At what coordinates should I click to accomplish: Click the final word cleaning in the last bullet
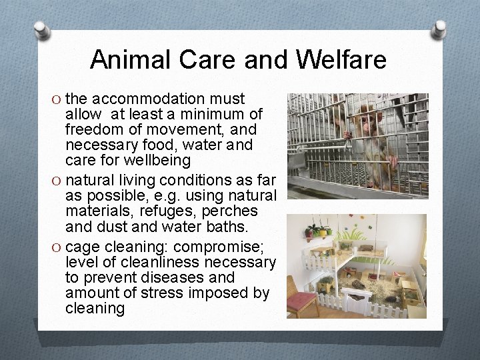point(95,309)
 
